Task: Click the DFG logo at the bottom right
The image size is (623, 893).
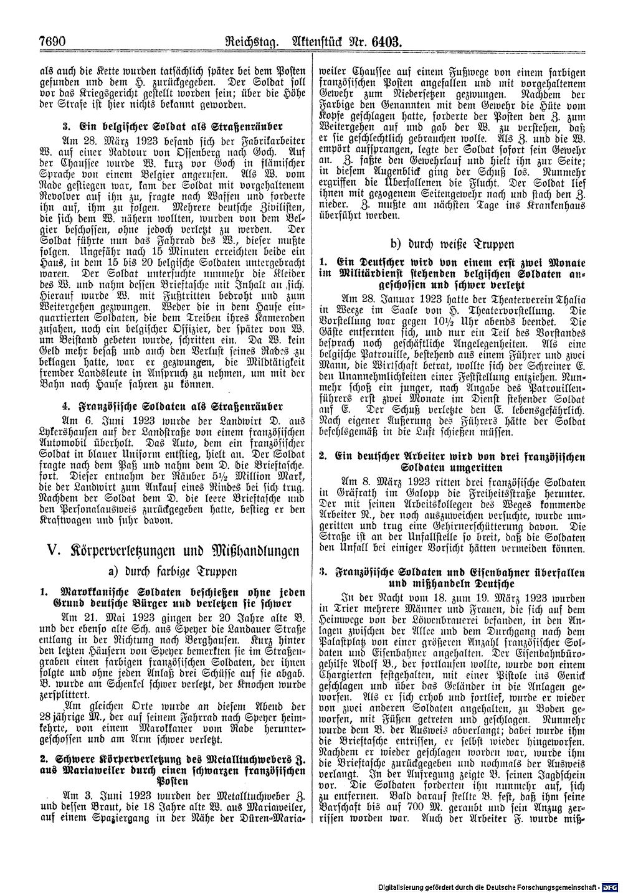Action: [612, 886]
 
